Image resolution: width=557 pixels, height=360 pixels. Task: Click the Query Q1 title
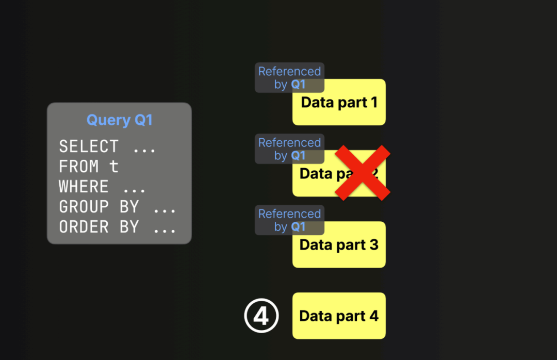tap(119, 120)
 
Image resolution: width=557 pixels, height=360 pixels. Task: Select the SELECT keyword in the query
tap(89, 146)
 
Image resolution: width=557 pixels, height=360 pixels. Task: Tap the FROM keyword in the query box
tap(79, 167)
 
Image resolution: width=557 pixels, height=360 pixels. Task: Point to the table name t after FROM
tap(114, 167)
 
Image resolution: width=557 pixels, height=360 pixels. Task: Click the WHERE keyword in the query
tap(84, 187)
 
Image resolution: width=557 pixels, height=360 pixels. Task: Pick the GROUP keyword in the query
tap(84, 207)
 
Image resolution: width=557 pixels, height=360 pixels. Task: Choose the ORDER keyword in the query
tap(84, 227)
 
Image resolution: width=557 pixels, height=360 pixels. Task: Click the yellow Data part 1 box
tap(339, 108)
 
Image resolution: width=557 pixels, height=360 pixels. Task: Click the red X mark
tap(363, 173)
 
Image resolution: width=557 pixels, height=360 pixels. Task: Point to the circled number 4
tap(261, 316)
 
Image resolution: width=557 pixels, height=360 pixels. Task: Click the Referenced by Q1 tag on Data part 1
tap(289, 78)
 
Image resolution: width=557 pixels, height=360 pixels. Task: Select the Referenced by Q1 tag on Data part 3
tap(289, 220)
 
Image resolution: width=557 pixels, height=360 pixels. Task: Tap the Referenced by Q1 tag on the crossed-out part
tap(289, 149)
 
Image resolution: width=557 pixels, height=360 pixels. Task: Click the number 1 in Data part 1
tap(373, 102)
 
